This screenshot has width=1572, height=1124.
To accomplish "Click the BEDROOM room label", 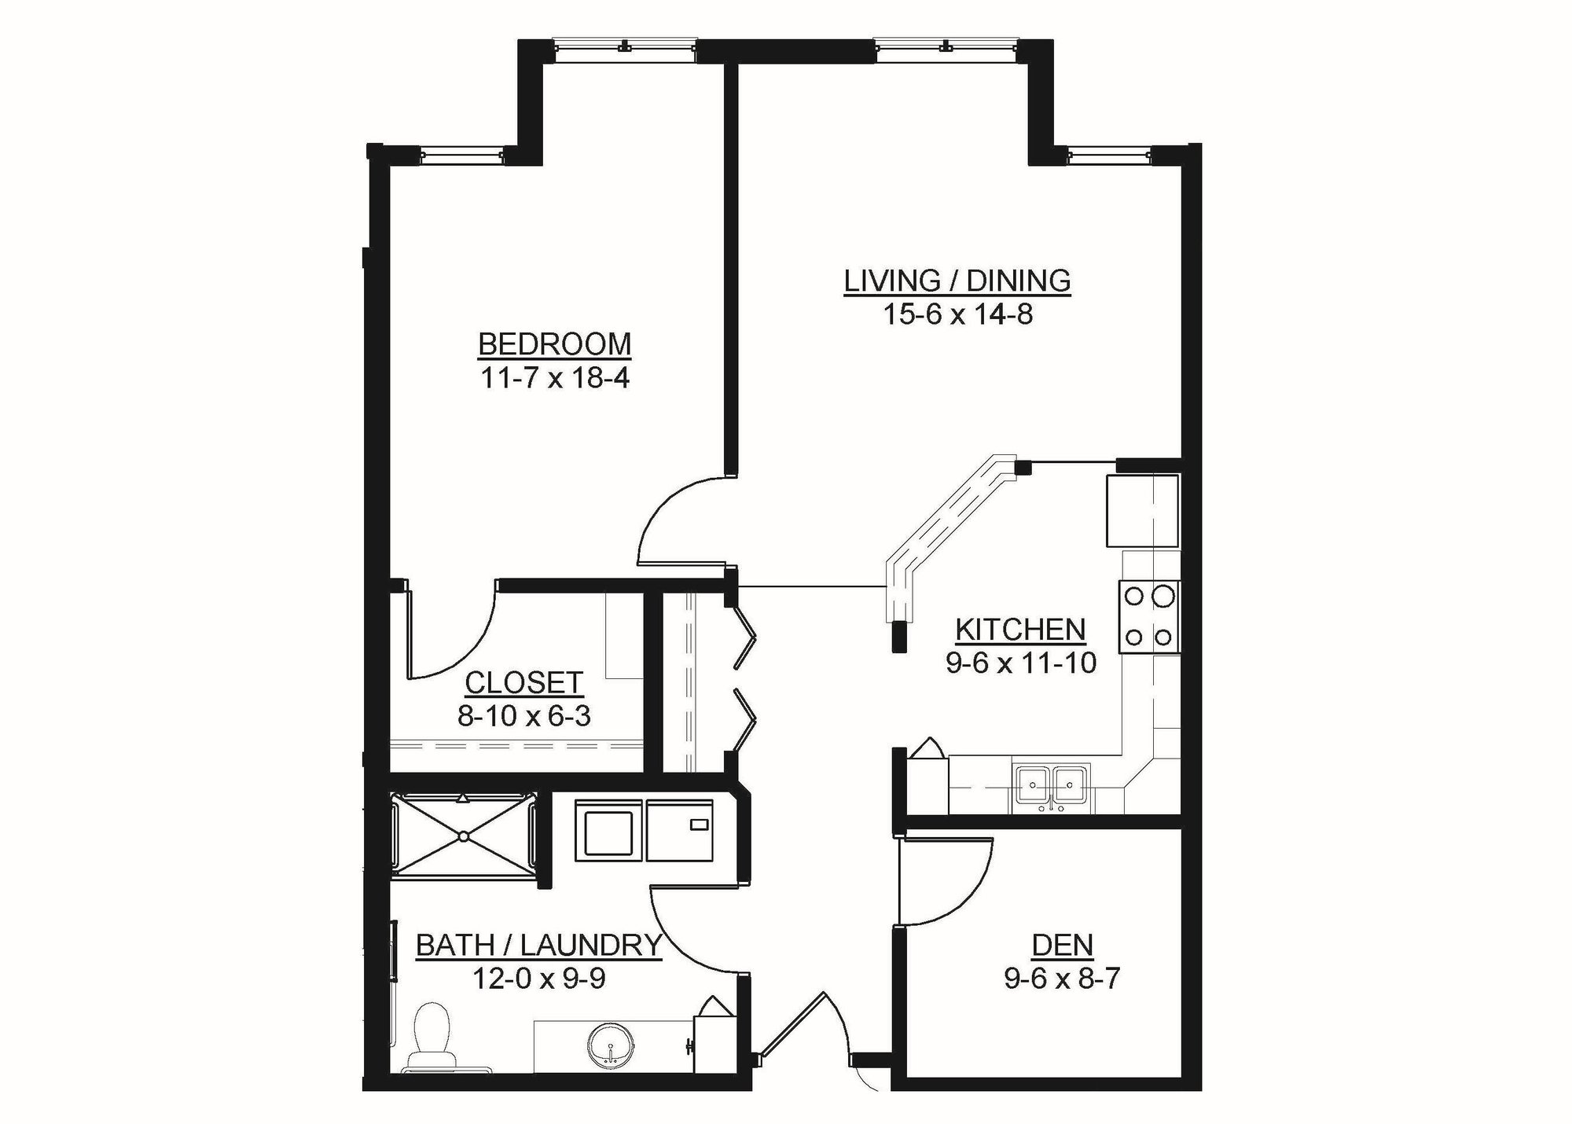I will click(x=554, y=344).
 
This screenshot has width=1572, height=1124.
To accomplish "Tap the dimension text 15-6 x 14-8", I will click(x=957, y=315).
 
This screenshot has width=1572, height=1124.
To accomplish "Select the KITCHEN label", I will click(x=1020, y=630).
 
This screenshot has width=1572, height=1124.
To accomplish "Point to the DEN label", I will click(x=1062, y=945).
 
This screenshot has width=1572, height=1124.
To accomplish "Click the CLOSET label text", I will click(x=523, y=683).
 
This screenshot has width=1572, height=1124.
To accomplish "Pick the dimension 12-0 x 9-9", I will click(x=538, y=979).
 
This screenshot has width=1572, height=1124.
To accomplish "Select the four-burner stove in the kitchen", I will click(x=1148, y=617).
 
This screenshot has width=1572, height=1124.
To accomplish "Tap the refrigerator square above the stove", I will click(x=1141, y=511).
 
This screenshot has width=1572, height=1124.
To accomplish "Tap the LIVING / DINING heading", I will click(x=957, y=281).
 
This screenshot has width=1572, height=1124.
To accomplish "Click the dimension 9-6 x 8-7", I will click(x=1062, y=979).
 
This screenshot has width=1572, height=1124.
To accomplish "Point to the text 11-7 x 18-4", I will click(x=554, y=379).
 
